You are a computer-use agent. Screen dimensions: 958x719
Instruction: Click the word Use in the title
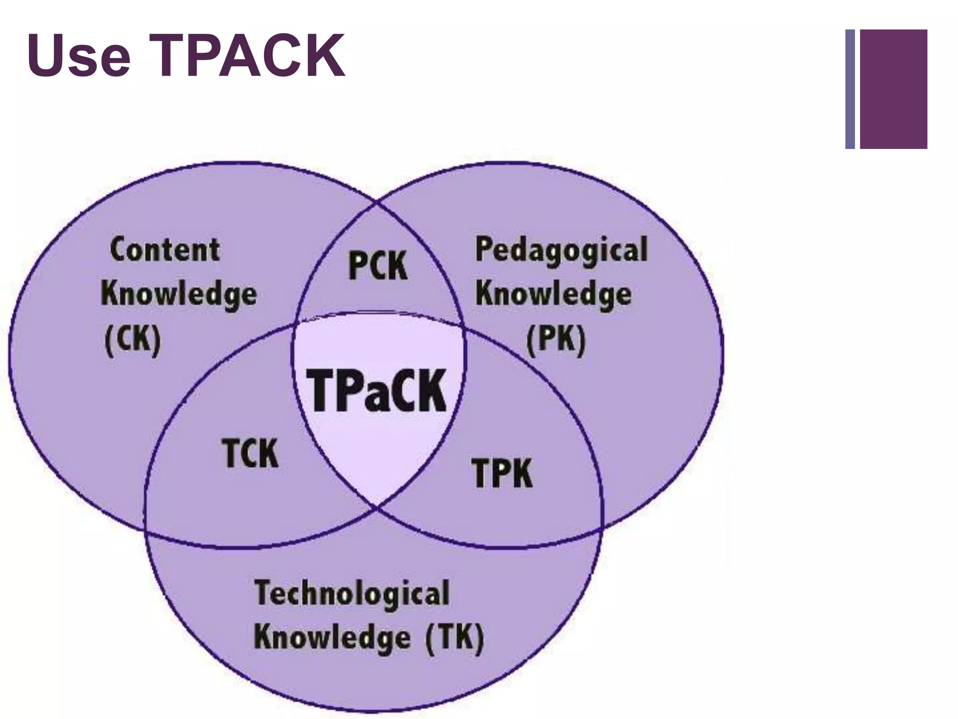click(x=79, y=57)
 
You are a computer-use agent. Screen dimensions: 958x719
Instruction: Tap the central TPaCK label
click(x=377, y=390)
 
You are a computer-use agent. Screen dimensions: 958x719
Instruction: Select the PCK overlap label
click(x=378, y=266)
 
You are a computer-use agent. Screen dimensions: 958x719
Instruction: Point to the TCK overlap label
click(x=250, y=453)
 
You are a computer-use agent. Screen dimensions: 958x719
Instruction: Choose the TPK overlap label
click(x=502, y=473)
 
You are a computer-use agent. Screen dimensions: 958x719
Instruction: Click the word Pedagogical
click(x=561, y=250)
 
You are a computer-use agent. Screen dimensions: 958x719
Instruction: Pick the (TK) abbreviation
click(x=454, y=638)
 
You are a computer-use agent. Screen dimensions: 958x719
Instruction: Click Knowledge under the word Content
click(x=179, y=295)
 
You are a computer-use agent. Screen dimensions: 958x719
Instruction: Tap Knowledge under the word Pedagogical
click(x=553, y=295)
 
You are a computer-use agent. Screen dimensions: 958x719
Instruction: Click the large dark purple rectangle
click(x=893, y=89)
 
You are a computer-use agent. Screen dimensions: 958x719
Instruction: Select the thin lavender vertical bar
click(x=850, y=89)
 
